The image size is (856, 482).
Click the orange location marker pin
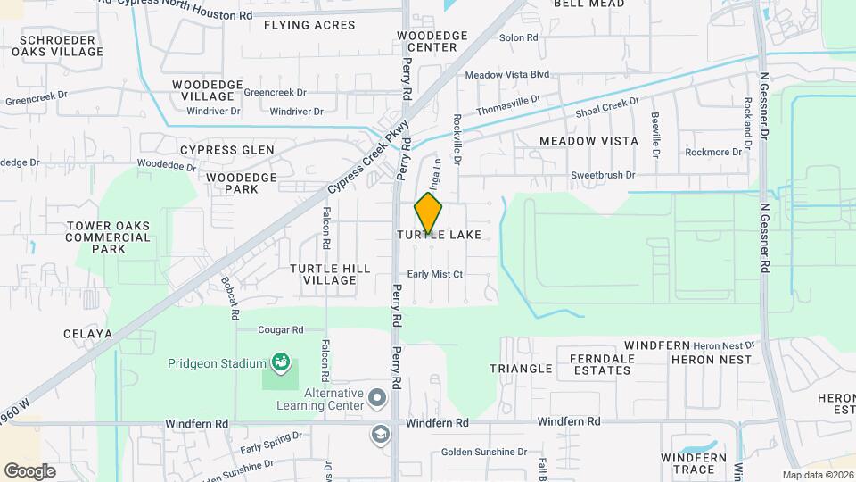[x=428, y=213]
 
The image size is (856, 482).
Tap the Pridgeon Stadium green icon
[x=281, y=362]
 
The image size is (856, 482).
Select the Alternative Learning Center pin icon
[x=376, y=396]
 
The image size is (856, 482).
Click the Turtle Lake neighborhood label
[x=439, y=235]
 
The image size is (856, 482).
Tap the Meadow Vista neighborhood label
[x=588, y=141]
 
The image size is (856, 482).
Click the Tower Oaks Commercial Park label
[x=108, y=237]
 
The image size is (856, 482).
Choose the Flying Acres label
[x=309, y=25]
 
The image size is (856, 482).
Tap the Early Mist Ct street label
[x=435, y=274]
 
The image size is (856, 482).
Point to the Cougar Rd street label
[x=281, y=329]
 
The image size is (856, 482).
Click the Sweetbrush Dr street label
[x=603, y=176]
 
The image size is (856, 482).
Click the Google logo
[x=29, y=471]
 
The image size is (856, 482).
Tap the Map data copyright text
[x=818, y=475]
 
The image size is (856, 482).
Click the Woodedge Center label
[x=432, y=41]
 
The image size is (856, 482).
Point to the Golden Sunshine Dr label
[x=485, y=453]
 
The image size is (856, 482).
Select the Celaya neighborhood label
[x=87, y=334]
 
